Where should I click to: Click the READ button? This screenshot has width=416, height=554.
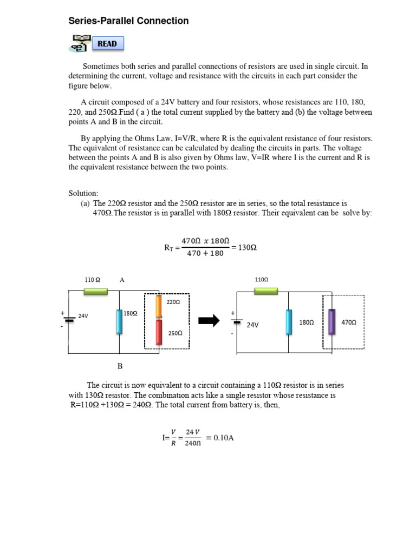click(107, 44)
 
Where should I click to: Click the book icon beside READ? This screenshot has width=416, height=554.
click(79, 43)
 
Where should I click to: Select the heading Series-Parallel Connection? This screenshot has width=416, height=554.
click(128, 21)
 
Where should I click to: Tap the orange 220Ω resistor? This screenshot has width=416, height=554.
click(159, 306)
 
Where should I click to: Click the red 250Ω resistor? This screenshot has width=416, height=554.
click(159, 332)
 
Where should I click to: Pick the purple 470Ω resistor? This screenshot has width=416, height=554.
click(332, 322)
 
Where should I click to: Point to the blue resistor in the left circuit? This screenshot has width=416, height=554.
click(119, 321)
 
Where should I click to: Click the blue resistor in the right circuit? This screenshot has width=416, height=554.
click(289, 322)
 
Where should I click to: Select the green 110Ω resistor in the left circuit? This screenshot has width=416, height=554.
click(95, 291)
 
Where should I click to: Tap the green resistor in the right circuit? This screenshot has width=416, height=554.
click(266, 291)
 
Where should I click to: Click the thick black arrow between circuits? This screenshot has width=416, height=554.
click(209, 321)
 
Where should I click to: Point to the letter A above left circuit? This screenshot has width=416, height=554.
click(122, 280)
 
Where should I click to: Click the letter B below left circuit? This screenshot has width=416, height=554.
click(120, 366)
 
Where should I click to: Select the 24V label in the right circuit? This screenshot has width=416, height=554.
click(252, 325)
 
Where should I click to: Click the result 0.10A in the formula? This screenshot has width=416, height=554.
click(224, 437)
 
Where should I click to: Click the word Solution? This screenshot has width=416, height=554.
click(83, 193)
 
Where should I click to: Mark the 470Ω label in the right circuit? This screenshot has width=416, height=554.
click(349, 322)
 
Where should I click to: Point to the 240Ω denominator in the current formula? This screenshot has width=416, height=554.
click(193, 443)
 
